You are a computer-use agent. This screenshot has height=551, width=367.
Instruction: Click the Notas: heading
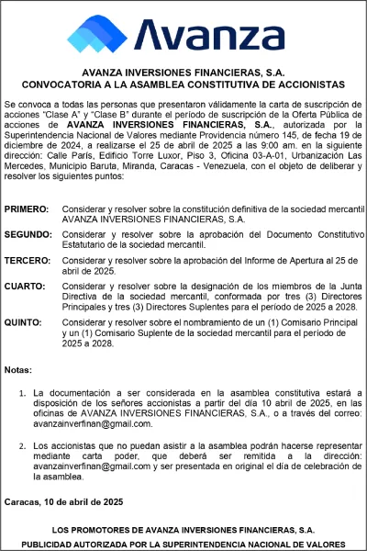[x=17, y=370]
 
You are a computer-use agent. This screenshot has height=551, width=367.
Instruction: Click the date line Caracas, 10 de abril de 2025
[x=62, y=502]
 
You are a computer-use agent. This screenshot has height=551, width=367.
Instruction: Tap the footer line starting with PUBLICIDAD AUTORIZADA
[x=183, y=543]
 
